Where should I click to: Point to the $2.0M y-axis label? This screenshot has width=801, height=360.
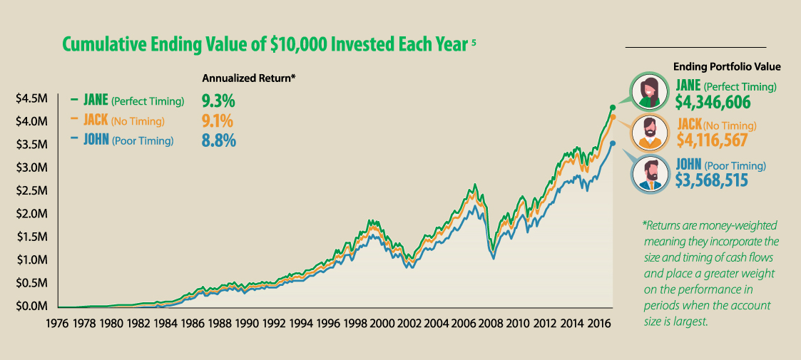[x=31, y=214]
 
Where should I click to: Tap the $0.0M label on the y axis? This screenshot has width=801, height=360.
[x=31, y=306]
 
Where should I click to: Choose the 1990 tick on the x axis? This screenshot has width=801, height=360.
[x=248, y=322]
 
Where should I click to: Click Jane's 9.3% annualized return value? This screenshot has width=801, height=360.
[x=219, y=99]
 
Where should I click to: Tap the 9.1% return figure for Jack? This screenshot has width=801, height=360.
[x=219, y=120]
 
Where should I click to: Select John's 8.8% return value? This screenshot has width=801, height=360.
[x=219, y=140]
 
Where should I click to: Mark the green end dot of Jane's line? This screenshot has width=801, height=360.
[x=612, y=107]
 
